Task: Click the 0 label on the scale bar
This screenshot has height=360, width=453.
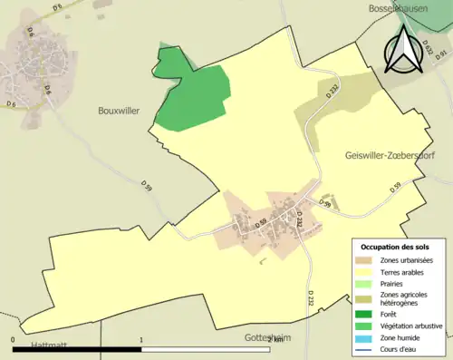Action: tap(14, 341)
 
